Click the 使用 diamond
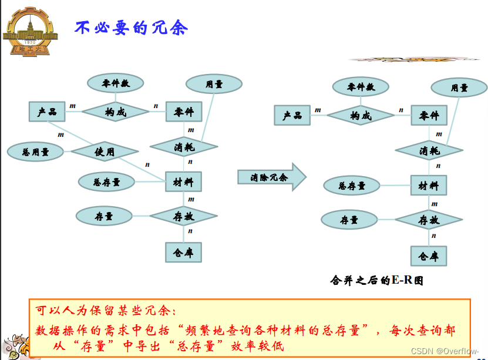tap(104, 152)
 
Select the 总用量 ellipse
tap(35, 152)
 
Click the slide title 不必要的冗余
tap(132, 28)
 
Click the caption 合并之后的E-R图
tap(376, 280)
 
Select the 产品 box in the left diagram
tap(47, 112)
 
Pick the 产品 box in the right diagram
tap(292, 115)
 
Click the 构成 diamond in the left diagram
tap(115, 112)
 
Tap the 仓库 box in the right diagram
tap(428, 256)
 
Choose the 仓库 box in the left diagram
tap(183, 252)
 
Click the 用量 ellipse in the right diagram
tap(459, 88)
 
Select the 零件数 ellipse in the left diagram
tap(115, 83)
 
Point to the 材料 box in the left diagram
tap(183, 182)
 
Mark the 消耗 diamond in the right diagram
tap(429, 150)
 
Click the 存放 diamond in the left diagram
tap(183, 216)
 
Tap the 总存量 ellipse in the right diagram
tap(352, 186)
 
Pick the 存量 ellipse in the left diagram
tap(104, 216)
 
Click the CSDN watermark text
tap(445, 351)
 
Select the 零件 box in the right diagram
tap(429, 116)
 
